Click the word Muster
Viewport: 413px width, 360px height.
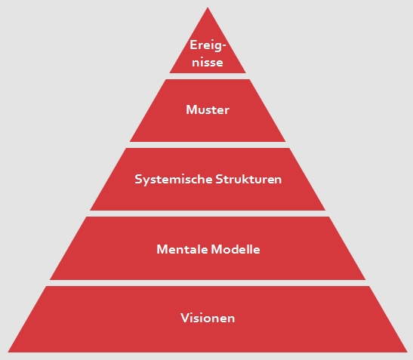pos(208,110)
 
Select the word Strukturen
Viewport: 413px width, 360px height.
pos(248,179)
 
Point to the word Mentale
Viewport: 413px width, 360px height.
pos(182,249)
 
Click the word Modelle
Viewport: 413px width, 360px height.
pos(236,249)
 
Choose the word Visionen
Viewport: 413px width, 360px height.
pos(208,318)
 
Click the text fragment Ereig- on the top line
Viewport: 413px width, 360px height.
pos(208,45)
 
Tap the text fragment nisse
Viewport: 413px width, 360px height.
pos(208,63)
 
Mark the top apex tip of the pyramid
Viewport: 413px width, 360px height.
pos(208,8)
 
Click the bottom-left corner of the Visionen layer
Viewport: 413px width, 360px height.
pos(8,352)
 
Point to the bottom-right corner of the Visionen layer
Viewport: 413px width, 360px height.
pos(408,352)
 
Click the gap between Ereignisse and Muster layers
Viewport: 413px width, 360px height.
pos(208,76)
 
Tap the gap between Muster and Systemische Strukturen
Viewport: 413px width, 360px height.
pos(208,145)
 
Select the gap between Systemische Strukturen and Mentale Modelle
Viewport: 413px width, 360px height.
pos(208,214)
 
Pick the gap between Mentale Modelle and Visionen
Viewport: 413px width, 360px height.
pos(208,283)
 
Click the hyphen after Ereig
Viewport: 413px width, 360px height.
pos(224,46)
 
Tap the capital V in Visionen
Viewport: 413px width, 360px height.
pos(185,318)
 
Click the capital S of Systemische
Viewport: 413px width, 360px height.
pos(138,179)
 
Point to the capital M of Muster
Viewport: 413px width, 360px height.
pos(192,110)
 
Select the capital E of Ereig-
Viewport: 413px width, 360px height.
pos(193,45)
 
